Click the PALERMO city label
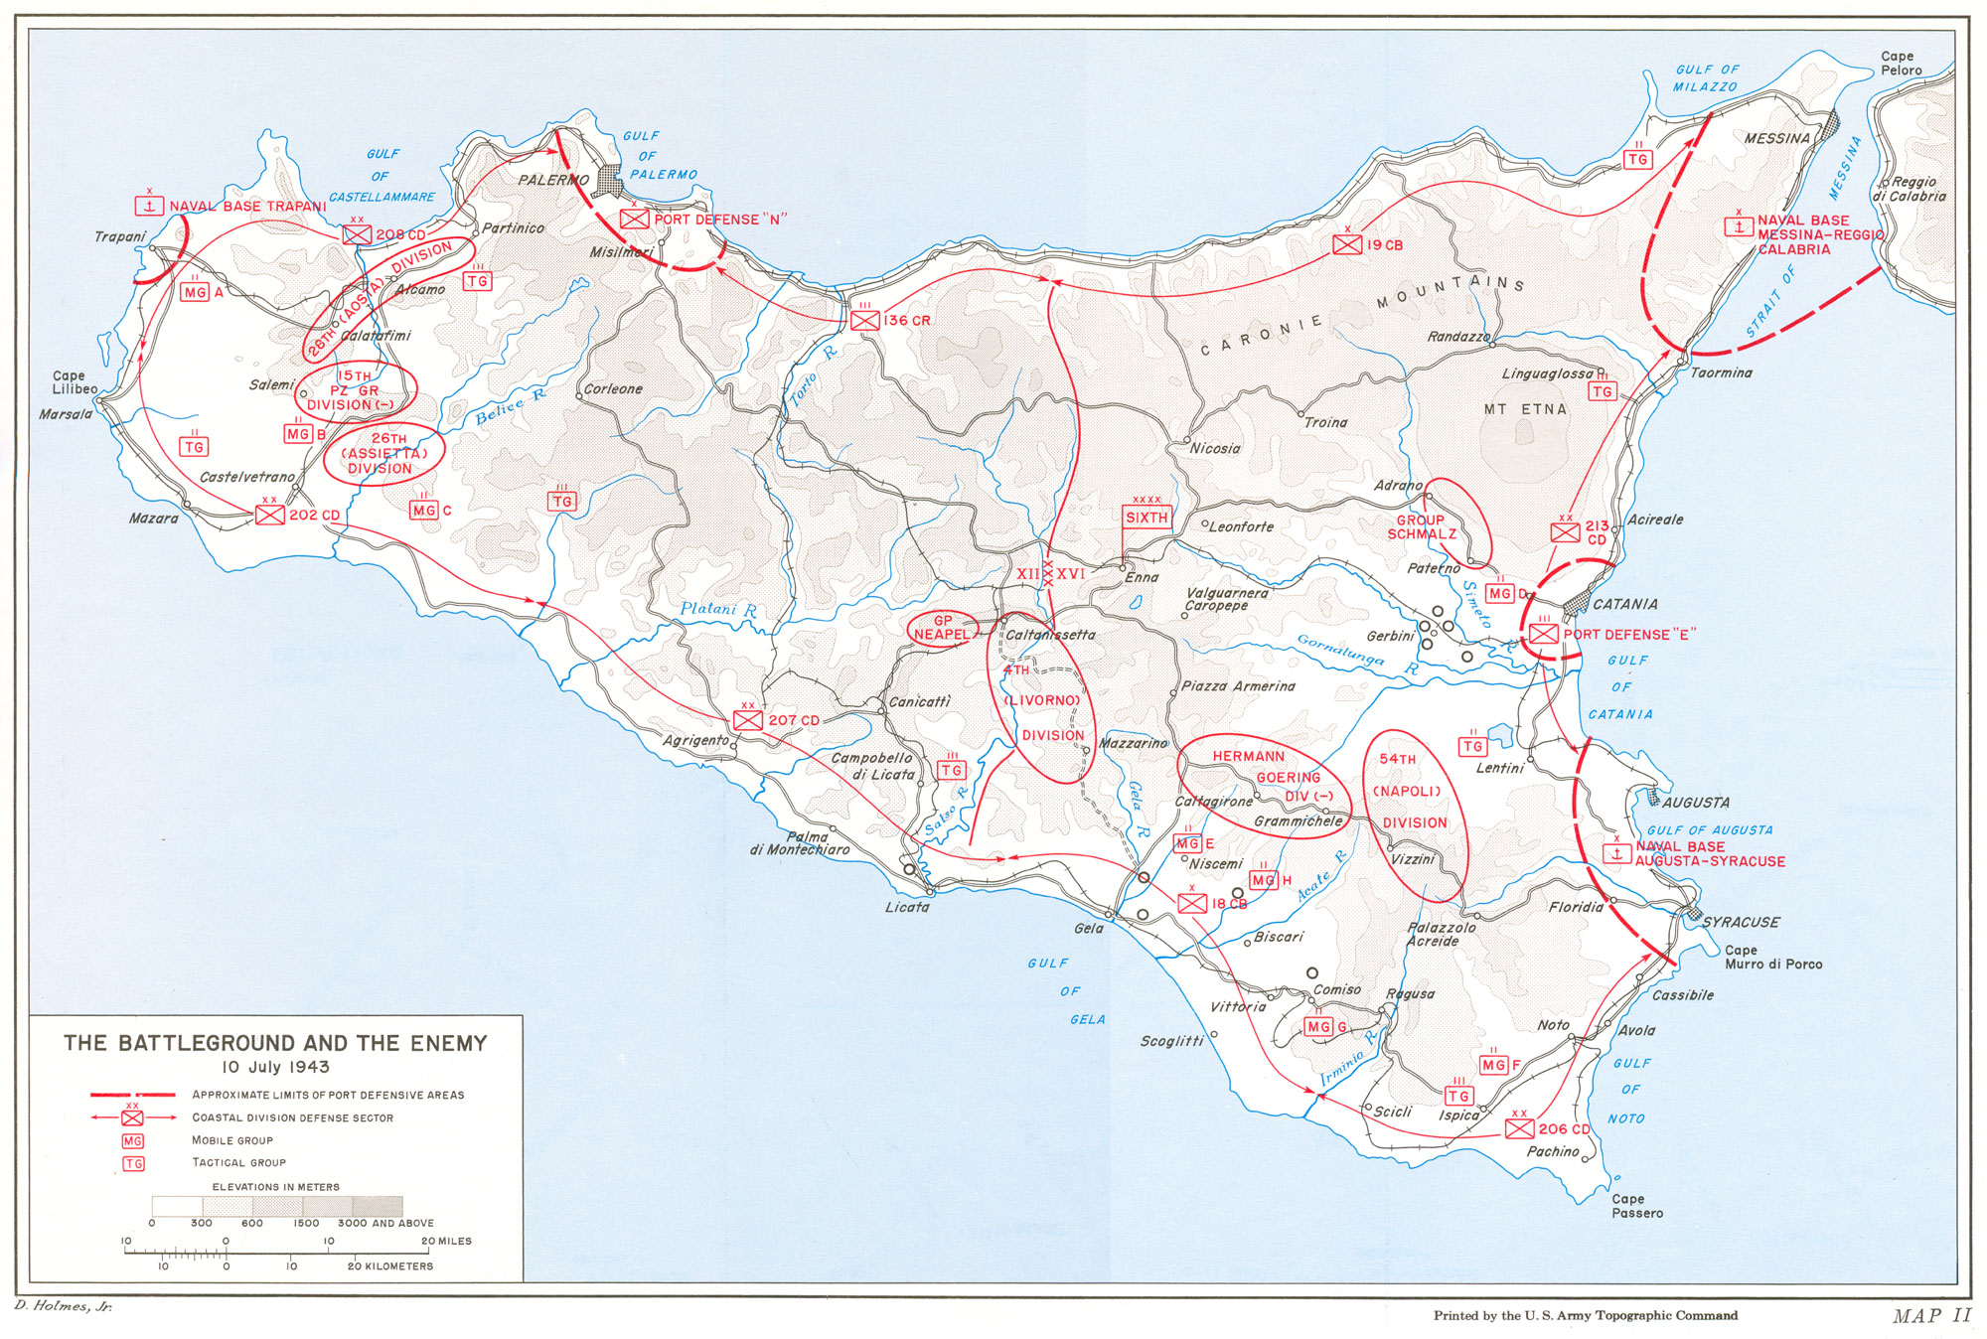[553, 180]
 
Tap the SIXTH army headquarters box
[1146, 517]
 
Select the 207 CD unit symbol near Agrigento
[748, 719]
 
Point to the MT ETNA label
[1525, 409]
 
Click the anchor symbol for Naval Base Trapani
[149, 206]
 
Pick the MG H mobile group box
[1263, 880]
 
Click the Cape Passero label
[1636, 1206]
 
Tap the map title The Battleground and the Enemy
[275, 1043]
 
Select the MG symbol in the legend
[132, 1141]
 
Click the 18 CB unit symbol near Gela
[1192, 903]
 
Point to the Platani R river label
[718, 610]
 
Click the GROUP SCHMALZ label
[1422, 526]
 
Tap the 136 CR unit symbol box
[864, 320]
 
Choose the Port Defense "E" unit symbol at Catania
[1543, 634]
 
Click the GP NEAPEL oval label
[941, 628]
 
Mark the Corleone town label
[613, 388]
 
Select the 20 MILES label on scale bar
[446, 1241]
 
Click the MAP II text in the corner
[1931, 1315]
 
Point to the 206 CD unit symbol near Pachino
[1518, 1128]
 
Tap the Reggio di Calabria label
[1910, 189]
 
